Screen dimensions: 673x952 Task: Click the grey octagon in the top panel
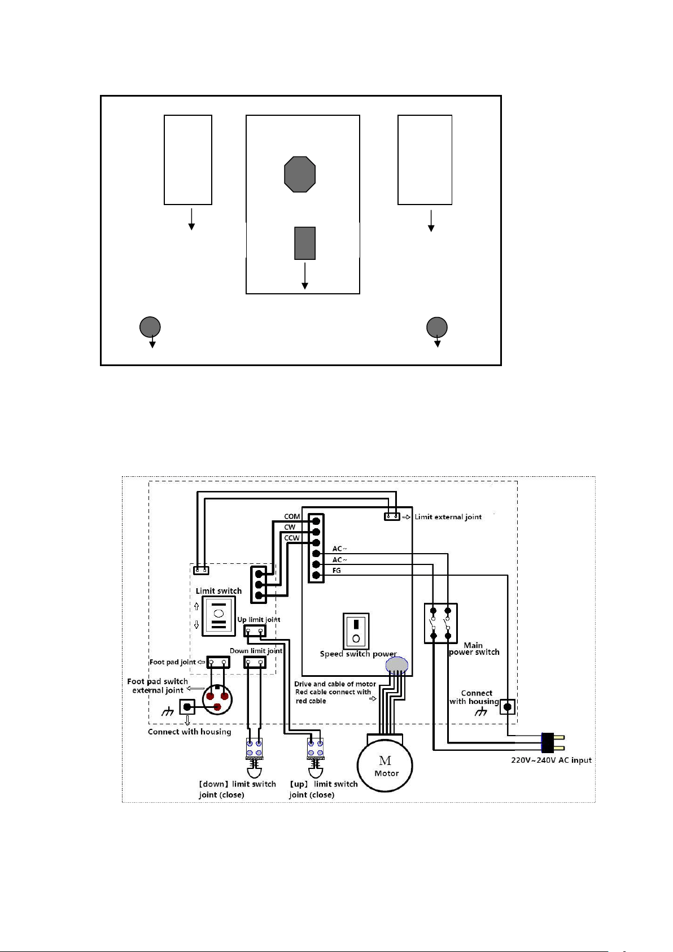coord(300,174)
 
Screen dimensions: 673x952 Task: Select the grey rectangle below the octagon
coord(305,243)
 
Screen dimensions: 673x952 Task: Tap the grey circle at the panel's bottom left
coord(150,327)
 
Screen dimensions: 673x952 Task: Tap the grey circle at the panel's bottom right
coord(437,327)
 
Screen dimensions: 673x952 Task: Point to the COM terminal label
coord(292,516)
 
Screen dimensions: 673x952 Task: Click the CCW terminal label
coord(292,538)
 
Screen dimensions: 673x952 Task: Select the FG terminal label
coord(336,570)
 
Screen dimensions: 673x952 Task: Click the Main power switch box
coord(441,623)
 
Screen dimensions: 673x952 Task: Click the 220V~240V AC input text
coord(551,760)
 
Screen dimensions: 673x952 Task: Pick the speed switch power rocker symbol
coord(356,631)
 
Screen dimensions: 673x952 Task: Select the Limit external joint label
coord(448,517)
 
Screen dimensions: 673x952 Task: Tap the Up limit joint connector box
coord(255,631)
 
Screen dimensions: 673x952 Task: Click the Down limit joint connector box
coord(255,662)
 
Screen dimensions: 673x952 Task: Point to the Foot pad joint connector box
coord(218,662)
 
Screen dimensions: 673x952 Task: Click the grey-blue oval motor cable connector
coord(396,666)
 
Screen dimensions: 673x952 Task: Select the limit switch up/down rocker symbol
coord(218,616)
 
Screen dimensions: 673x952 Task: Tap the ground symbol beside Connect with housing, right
coord(480,712)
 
